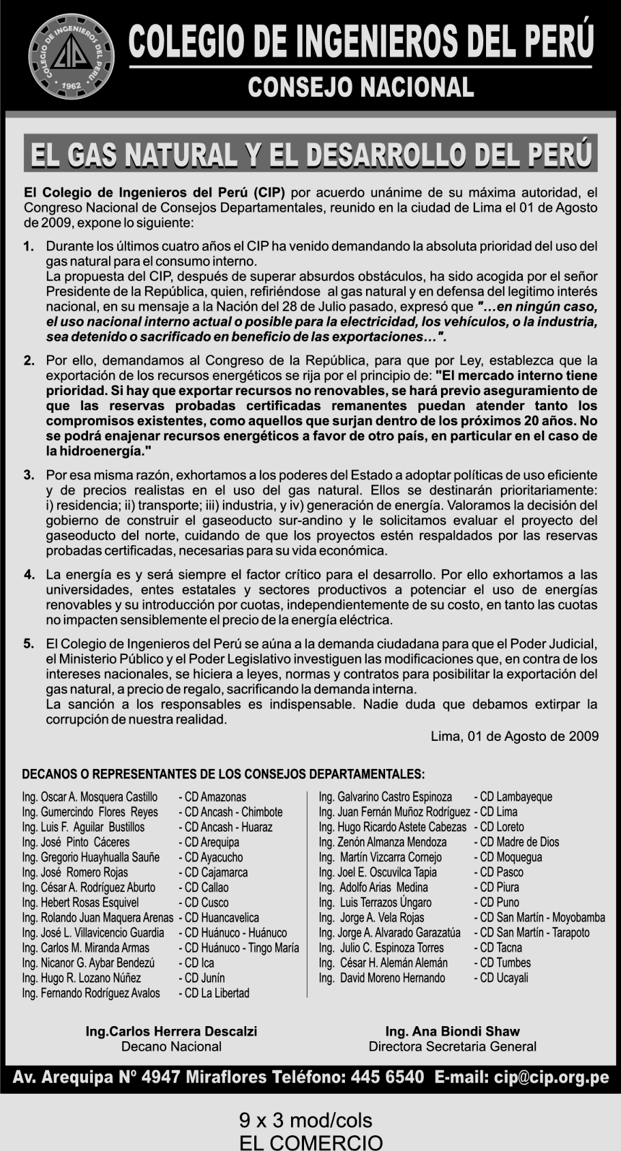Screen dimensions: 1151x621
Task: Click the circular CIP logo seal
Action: point(70,57)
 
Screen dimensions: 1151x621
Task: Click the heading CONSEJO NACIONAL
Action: point(361,87)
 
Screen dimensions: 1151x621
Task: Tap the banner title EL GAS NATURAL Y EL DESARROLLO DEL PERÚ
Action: point(310,154)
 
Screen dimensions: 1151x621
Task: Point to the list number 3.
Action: point(29,474)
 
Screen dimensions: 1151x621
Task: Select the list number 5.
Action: point(29,643)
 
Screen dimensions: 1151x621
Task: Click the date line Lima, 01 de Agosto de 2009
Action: point(515,736)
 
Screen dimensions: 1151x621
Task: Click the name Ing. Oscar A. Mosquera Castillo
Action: point(90,797)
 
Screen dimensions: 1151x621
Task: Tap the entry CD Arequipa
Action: point(209,842)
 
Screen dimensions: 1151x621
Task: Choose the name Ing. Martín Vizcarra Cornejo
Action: point(380,857)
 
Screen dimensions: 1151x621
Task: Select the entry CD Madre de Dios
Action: point(516,842)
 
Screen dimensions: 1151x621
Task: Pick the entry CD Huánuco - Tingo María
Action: point(239,948)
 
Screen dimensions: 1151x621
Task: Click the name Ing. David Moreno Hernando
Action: point(382,978)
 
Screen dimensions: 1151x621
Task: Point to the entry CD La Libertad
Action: point(214,993)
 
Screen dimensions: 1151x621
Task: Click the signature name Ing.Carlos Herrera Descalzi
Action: point(171,1032)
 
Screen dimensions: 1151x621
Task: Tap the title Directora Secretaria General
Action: point(453,1047)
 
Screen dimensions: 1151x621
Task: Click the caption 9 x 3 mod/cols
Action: point(306,1120)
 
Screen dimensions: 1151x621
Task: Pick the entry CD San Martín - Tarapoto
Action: point(532,933)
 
